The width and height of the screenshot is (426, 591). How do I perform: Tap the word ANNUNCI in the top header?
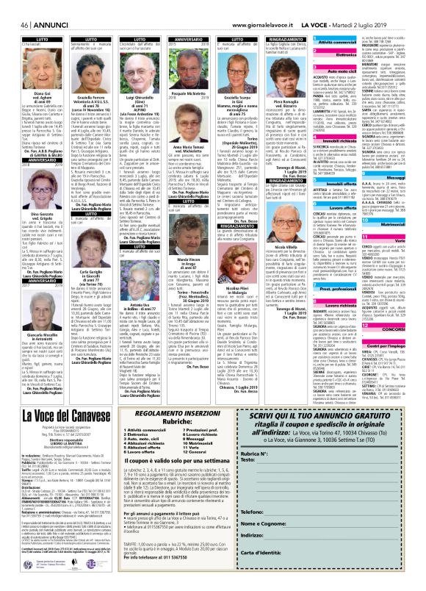tap(34, 7)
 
